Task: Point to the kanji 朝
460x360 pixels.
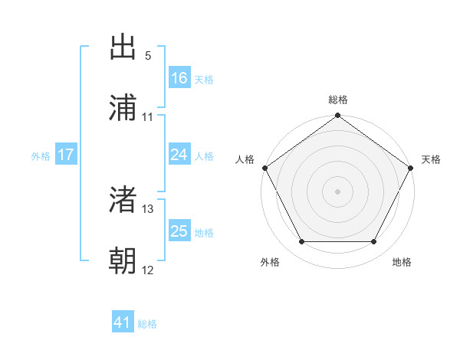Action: tap(123, 261)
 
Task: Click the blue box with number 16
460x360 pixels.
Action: tap(179, 78)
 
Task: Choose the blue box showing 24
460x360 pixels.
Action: tap(179, 155)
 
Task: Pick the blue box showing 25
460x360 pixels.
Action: tap(179, 231)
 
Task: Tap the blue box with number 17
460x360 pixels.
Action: tap(66, 155)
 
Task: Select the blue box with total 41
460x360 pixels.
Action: tap(123, 323)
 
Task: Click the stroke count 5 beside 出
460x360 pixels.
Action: tap(148, 56)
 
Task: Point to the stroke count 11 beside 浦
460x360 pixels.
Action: tap(148, 117)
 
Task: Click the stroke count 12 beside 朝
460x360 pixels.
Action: tap(148, 270)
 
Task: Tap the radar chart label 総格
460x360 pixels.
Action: tap(338, 100)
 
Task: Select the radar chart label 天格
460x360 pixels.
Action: tap(431, 159)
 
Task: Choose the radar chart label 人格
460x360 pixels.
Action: tap(245, 159)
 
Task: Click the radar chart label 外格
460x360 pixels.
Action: tap(270, 262)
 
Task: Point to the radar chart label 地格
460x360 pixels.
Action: tap(402, 262)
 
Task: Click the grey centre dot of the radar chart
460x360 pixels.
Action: tap(337, 191)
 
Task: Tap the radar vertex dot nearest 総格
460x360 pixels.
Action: tap(337, 116)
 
